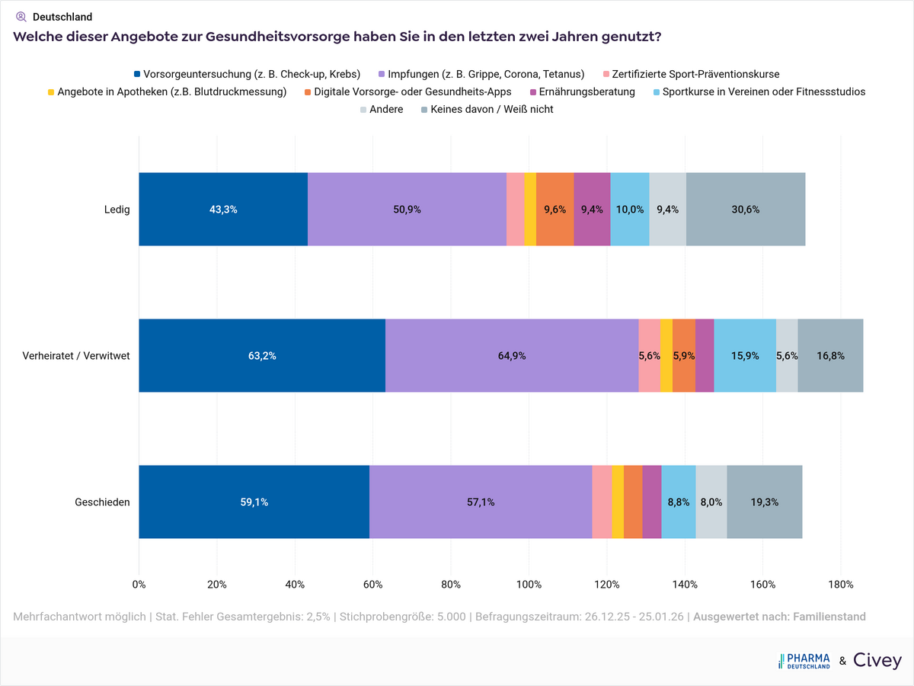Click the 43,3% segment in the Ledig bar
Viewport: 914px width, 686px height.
tap(223, 210)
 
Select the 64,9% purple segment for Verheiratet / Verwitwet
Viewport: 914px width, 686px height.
tap(511, 356)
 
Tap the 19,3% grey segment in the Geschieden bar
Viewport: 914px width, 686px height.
tap(764, 502)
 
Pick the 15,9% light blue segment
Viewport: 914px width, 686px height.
tap(744, 356)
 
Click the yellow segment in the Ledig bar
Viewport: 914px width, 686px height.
tap(530, 210)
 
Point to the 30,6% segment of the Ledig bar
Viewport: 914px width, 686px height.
tap(745, 210)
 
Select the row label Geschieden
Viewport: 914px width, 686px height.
tap(102, 502)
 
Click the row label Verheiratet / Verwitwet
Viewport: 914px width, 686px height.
tap(76, 356)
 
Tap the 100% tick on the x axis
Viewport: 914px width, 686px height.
tap(529, 585)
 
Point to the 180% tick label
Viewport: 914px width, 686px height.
tap(840, 585)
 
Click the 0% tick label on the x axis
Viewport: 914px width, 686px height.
tap(139, 585)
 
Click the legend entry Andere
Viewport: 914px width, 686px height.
tap(385, 109)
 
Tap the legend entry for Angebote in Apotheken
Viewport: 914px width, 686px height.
tap(171, 91)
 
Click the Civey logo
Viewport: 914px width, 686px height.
tap(877, 660)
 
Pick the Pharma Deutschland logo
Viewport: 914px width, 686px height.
tap(804, 660)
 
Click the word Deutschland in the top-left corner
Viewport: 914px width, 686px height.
tap(62, 17)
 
